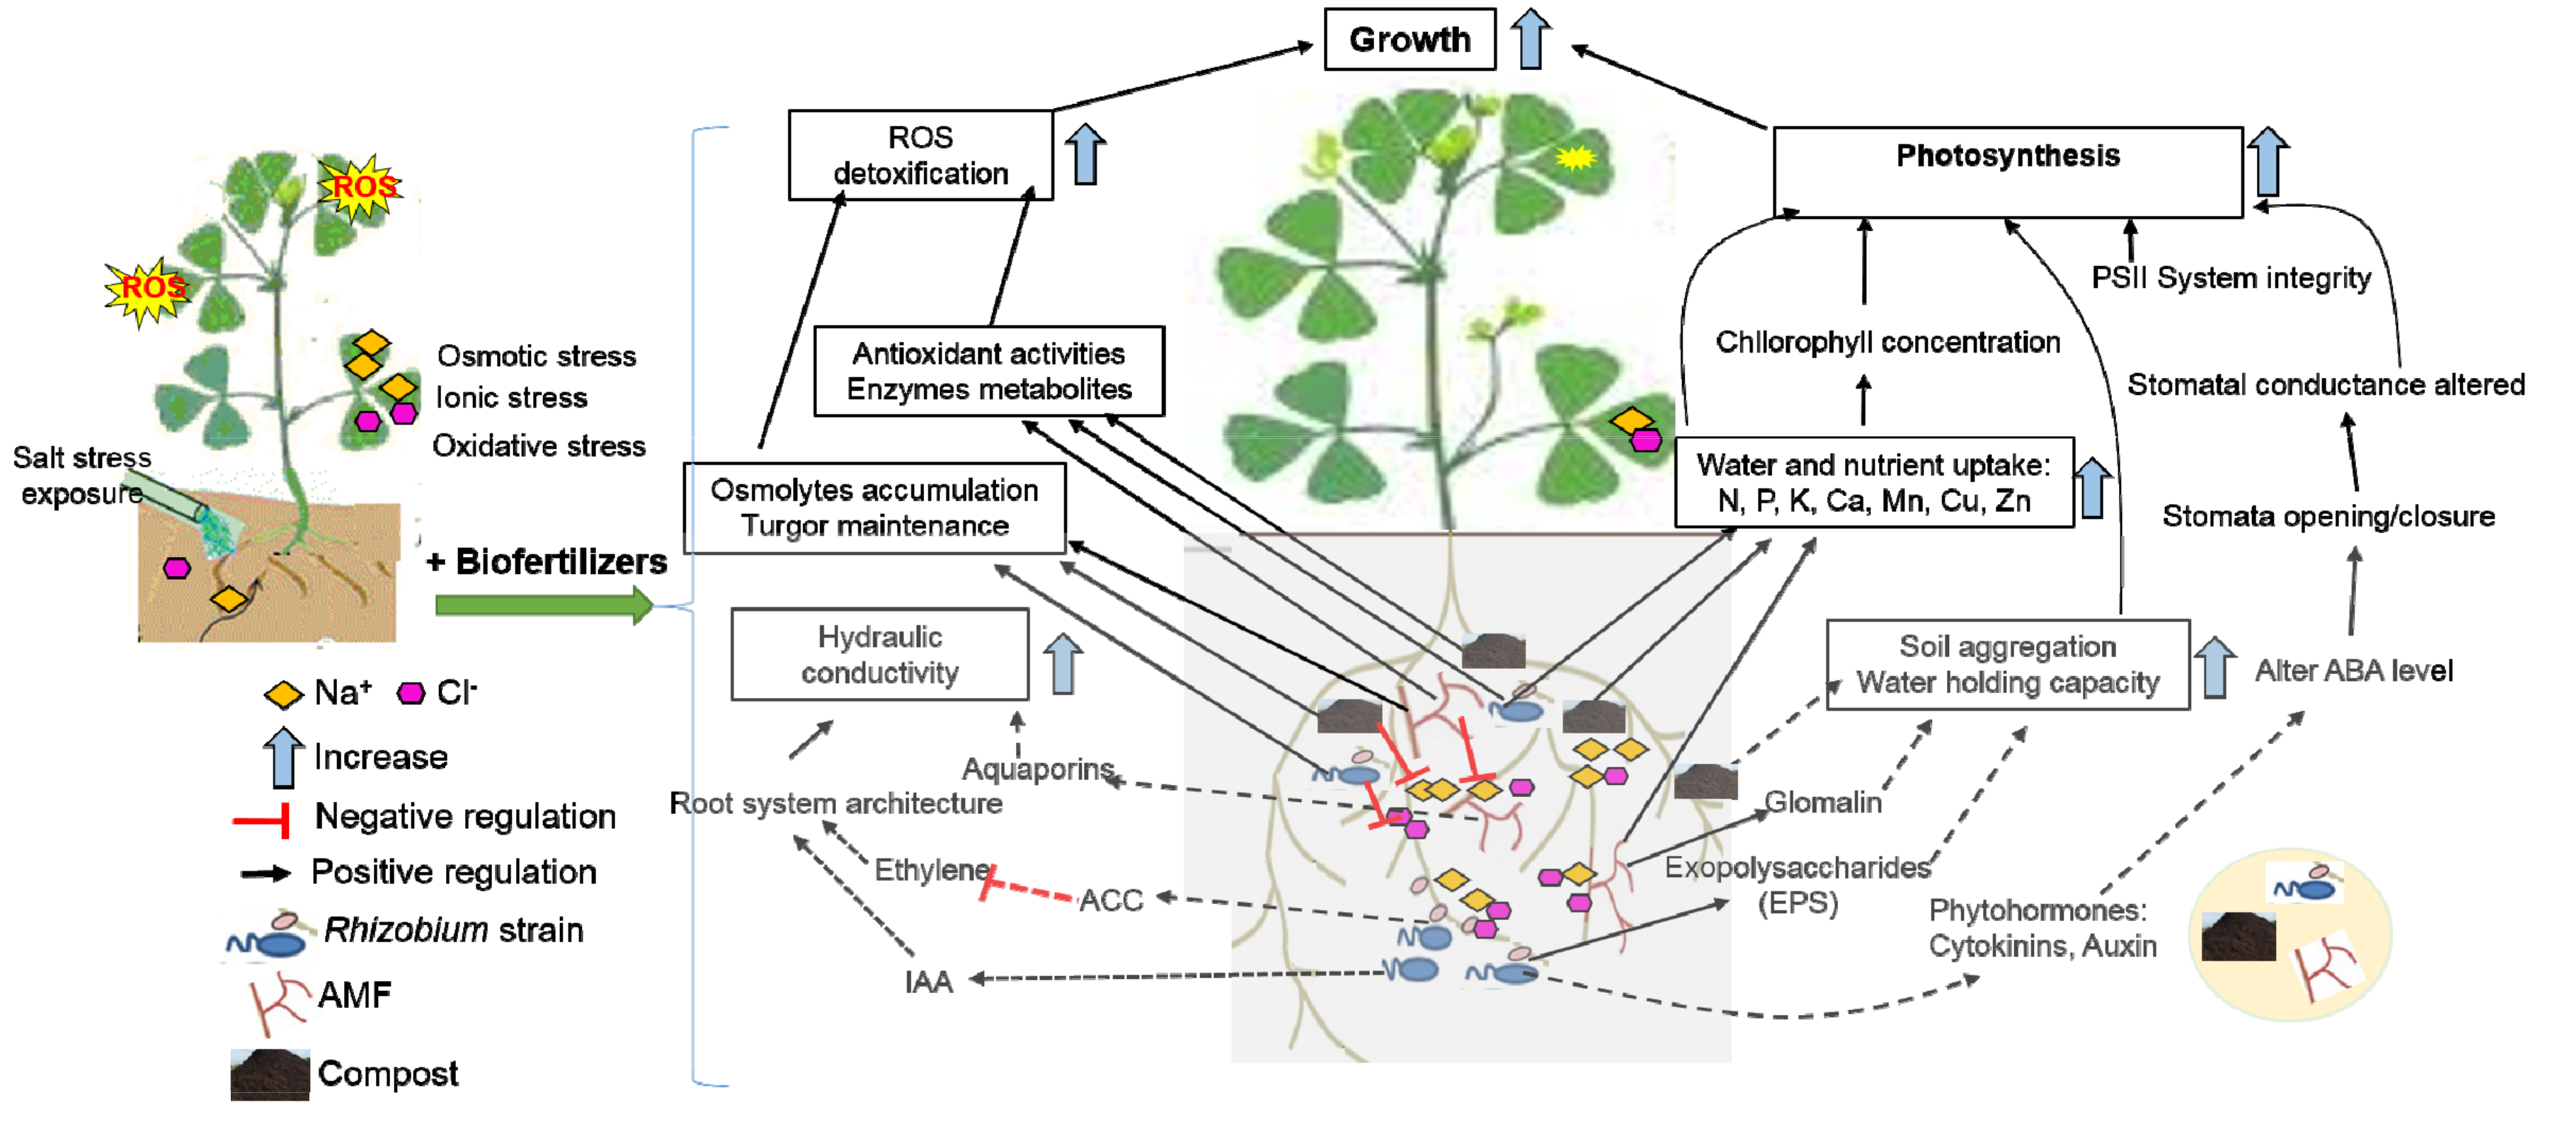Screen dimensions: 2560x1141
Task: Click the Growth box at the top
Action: point(1409,40)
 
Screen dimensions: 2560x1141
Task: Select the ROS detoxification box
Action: point(920,155)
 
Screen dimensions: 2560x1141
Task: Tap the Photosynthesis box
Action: point(2008,172)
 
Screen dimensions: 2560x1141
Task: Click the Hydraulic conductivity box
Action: point(879,654)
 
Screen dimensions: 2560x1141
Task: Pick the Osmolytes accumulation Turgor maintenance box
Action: point(874,508)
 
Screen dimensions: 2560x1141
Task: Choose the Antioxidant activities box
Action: point(989,371)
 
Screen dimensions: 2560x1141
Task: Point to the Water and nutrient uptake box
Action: point(1874,482)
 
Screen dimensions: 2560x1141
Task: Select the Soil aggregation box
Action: point(2008,664)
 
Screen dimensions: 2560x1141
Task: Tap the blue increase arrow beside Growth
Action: point(1531,39)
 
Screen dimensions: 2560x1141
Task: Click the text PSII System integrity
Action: point(2231,277)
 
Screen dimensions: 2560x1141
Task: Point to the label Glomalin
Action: point(1822,801)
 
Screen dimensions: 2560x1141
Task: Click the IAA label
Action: point(928,982)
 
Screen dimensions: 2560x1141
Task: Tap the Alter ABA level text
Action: point(2353,671)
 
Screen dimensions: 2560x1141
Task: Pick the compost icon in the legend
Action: point(269,1074)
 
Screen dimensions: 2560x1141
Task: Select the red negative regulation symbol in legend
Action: point(261,820)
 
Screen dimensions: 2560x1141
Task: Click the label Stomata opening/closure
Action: point(2328,516)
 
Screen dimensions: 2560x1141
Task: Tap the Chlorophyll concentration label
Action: point(1887,342)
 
